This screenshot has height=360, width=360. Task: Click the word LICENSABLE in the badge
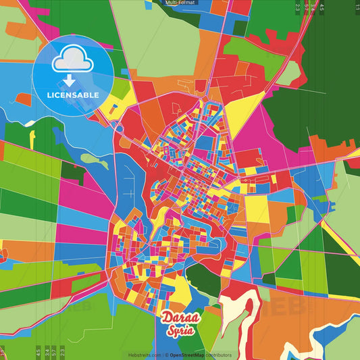click(73, 95)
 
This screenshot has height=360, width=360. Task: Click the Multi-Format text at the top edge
click(180, 3)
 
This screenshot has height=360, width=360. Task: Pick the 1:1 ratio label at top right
click(357, 7)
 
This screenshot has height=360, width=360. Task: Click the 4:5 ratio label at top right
click(322, 7)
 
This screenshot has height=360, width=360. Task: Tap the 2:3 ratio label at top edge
click(297, 7)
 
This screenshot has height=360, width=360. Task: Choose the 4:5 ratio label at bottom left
click(38, 352)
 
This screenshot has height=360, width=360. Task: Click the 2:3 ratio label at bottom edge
click(62, 352)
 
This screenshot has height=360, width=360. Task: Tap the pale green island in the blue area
click(94, 161)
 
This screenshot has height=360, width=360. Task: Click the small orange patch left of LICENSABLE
click(24, 99)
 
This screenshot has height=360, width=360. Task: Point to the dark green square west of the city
click(73, 170)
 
